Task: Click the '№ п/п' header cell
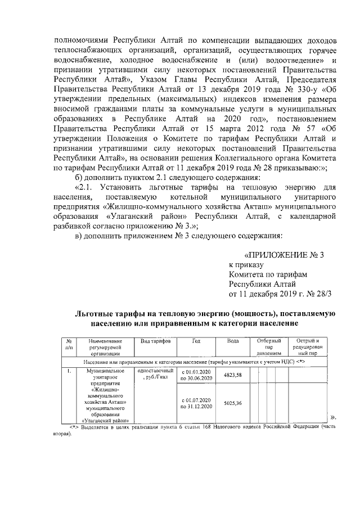68,345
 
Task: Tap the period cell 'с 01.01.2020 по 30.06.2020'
196,376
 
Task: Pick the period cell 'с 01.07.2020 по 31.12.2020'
196,403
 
